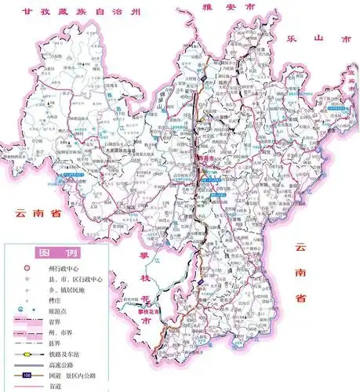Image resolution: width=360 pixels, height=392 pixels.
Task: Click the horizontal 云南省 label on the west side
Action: [35, 212]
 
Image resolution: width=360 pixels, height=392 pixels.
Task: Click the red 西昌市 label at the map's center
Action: [205, 157]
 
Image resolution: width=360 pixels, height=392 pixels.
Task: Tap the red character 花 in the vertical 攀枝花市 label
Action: [146, 300]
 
